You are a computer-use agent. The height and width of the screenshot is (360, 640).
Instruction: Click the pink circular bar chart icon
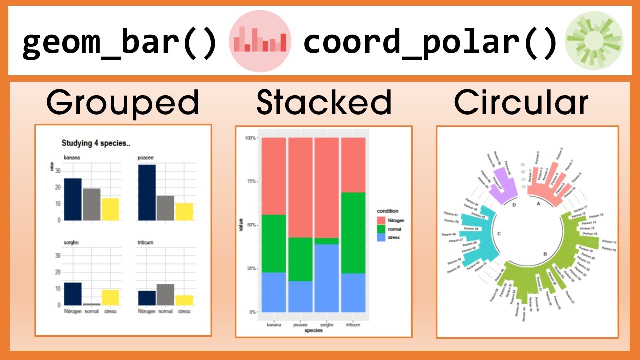click(x=259, y=41)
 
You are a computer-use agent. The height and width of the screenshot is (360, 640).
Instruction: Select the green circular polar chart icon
click(x=594, y=41)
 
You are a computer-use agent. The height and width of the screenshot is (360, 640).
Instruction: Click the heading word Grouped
click(x=123, y=103)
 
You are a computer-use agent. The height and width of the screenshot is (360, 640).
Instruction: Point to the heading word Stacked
click(x=324, y=103)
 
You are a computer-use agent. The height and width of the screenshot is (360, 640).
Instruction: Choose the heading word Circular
click(x=521, y=103)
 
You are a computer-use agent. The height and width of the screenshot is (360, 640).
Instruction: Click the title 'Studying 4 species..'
click(x=96, y=144)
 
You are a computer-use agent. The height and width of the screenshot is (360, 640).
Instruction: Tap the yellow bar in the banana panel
click(x=111, y=209)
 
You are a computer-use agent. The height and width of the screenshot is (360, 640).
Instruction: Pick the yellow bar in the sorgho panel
click(x=111, y=297)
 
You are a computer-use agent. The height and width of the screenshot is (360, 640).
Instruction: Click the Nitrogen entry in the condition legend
click(x=390, y=220)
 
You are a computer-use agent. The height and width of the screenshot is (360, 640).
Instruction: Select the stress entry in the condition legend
click(x=390, y=238)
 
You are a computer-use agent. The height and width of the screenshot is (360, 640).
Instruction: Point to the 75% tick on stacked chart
click(x=251, y=181)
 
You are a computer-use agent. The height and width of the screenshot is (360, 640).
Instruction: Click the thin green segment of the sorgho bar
click(x=326, y=241)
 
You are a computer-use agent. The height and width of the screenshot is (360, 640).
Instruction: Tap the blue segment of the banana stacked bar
click(x=273, y=292)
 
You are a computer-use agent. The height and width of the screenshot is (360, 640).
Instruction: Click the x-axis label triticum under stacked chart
click(x=353, y=324)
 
